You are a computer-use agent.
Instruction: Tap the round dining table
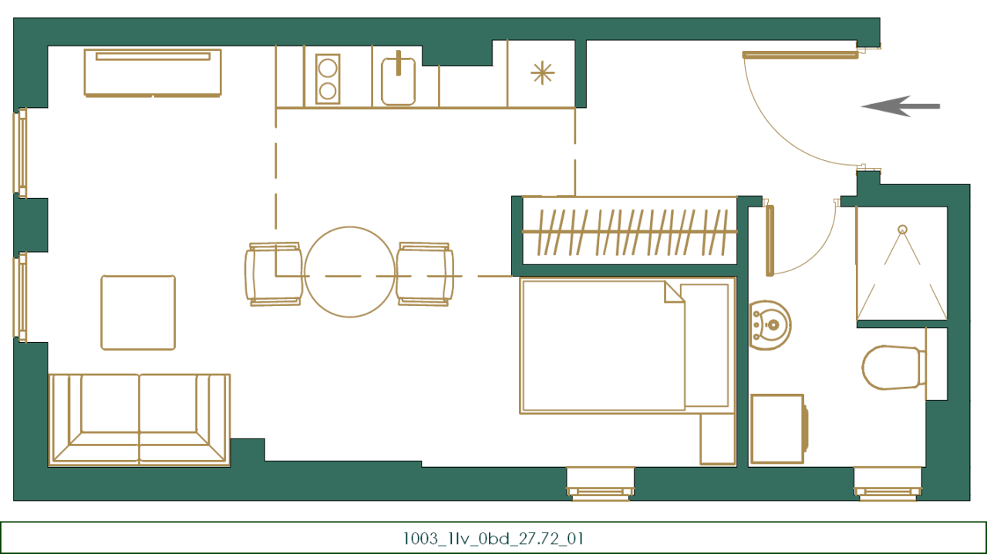[x=349, y=272]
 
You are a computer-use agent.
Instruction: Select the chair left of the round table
[x=274, y=274]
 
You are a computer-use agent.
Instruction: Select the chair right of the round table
[x=423, y=274]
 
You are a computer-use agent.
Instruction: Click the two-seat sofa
[x=140, y=419]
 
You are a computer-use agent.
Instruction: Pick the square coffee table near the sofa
[x=138, y=313]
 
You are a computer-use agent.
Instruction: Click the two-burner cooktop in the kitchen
[x=328, y=79]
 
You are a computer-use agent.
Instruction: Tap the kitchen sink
[x=399, y=81]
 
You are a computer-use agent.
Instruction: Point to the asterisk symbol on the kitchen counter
[x=542, y=73]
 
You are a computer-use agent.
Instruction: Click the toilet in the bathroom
[x=892, y=368]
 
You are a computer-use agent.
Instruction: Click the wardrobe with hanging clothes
[x=628, y=231]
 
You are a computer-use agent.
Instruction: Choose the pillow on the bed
[x=705, y=345]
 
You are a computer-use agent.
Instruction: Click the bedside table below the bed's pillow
[x=717, y=438]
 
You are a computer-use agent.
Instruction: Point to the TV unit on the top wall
[x=153, y=72]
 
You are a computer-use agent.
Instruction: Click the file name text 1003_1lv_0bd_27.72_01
[x=493, y=538]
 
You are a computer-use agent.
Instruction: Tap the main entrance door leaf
[x=800, y=55]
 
